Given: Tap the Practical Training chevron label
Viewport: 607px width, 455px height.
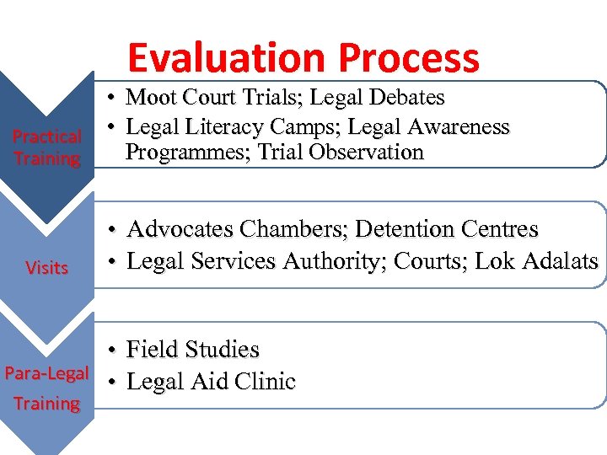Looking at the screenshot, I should pos(47,147).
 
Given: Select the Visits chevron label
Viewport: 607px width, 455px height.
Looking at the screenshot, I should pos(47,268).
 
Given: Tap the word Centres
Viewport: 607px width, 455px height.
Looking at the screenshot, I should pos(499,229).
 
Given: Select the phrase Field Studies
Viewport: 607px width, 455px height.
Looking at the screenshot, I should pos(192,350).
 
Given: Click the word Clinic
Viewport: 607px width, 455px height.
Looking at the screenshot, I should pos(266,382).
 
